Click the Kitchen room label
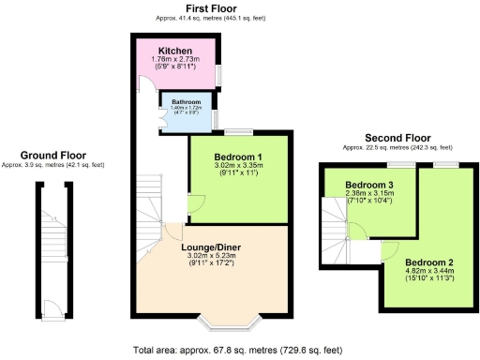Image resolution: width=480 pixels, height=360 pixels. coord(175,51)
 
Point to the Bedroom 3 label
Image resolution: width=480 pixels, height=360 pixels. coord(369,185)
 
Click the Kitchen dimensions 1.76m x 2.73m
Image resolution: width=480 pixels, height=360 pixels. coord(175,61)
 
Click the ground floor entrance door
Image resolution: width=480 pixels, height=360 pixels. coord(55,307)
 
